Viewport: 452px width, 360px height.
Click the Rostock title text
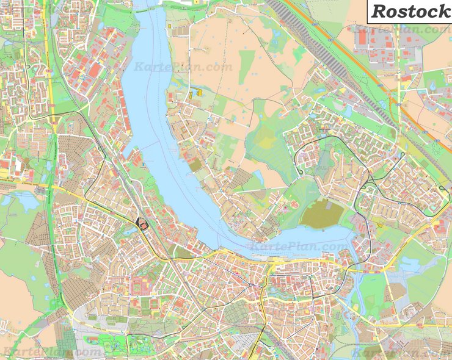(409, 10)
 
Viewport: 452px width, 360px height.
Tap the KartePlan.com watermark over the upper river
(183, 67)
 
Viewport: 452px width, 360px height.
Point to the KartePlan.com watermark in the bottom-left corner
(51, 352)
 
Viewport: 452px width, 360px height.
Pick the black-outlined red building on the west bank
(142, 224)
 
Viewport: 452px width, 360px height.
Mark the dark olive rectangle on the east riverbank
(195, 165)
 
